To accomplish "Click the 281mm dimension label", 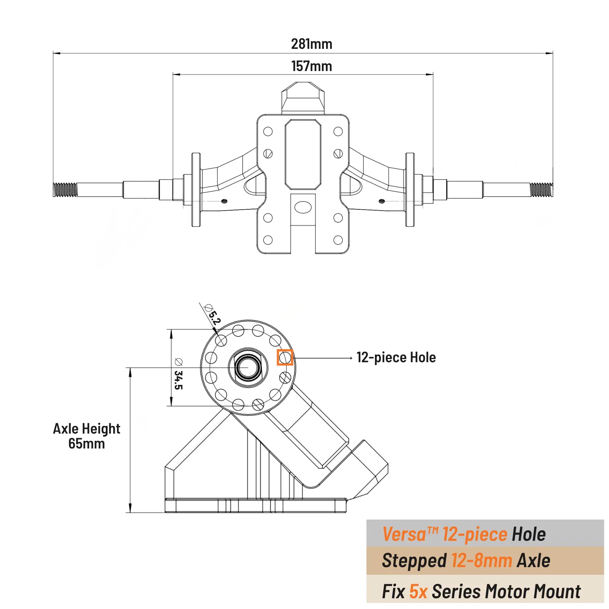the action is point(311,44).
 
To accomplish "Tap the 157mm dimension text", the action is point(311,66).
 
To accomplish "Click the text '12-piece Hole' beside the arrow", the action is point(396,357).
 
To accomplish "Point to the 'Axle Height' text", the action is point(87,429).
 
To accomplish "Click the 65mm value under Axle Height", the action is point(87,443).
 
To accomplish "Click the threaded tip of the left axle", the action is point(65,190).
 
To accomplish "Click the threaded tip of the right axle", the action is point(541,190).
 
